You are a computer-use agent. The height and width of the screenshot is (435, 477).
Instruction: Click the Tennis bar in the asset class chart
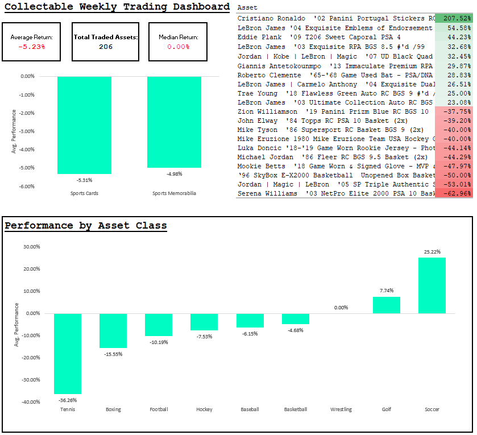tap(68, 353)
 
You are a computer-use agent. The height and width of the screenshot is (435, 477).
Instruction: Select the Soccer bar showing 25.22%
tap(432, 285)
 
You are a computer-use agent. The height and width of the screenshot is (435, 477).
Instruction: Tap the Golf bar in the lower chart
tap(387, 305)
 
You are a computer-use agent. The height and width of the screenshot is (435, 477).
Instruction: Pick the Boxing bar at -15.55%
tap(113, 330)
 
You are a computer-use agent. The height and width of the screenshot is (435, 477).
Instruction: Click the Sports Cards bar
tap(84, 125)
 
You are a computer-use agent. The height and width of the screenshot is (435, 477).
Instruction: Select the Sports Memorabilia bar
tap(174, 122)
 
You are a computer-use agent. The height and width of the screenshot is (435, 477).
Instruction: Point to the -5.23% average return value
tap(32, 47)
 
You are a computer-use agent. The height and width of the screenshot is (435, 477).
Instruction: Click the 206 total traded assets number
tap(106, 47)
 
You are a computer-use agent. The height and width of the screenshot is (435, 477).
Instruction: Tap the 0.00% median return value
tap(179, 47)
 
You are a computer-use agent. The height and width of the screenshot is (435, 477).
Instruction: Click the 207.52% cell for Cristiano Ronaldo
tap(453, 18)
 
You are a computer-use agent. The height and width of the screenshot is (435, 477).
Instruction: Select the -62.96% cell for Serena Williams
tap(453, 193)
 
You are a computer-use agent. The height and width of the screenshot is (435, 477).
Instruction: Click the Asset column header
tap(247, 8)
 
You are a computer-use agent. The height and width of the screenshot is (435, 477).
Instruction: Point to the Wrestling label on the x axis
tap(341, 409)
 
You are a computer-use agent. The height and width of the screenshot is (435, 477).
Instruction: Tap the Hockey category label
tap(204, 409)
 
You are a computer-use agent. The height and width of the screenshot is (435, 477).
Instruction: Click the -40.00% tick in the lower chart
tap(31, 401)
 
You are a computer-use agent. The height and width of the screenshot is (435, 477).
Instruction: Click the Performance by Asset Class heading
tap(86, 226)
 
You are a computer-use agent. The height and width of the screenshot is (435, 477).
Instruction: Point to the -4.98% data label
tap(175, 173)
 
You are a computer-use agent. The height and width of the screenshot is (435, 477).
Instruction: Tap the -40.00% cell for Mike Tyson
tap(453, 130)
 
